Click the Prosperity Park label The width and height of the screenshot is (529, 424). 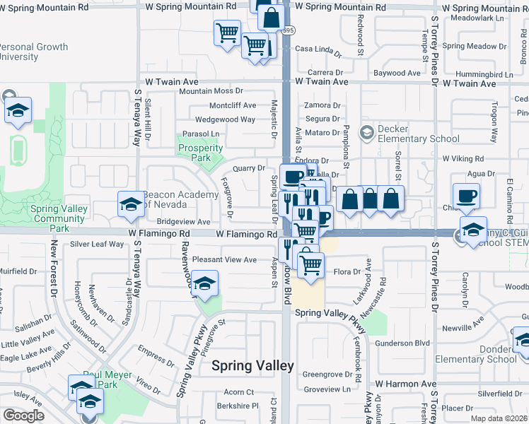click(x=200, y=153)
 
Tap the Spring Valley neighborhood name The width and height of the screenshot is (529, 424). click(x=252, y=365)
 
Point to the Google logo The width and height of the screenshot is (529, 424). click(x=23, y=416)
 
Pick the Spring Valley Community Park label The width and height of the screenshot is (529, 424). click(x=60, y=218)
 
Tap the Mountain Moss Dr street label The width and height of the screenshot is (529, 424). click(x=210, y=91)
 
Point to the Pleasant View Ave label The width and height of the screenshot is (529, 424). click(x=224, y=260)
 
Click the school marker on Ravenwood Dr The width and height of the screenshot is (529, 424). click(x=205, y=283)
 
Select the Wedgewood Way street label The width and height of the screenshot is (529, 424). click(x=225, y=119)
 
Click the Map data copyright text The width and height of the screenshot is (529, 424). click(x=499, y=418)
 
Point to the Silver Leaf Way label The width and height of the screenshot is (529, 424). click(x=97, y=245)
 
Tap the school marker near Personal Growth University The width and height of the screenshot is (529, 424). click(x=18, y=110)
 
